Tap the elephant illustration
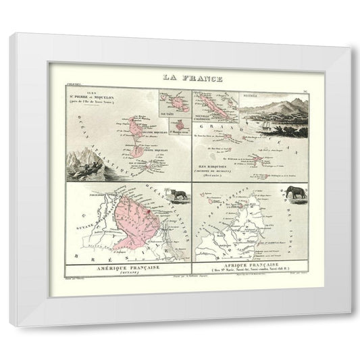295,192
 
